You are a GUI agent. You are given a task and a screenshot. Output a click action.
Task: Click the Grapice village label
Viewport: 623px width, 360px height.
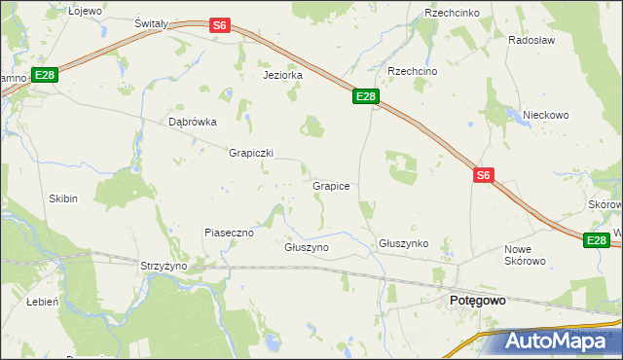pyautogui.click(x=331, y=185)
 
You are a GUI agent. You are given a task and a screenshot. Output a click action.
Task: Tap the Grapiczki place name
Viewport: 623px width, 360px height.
pyautogui.click(x=251, y=153)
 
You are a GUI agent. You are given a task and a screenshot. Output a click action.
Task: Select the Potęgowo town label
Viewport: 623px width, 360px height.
pyautogui.click(x=477, y=302)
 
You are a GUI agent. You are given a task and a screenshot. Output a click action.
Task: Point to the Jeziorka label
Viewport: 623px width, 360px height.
pyautogui.click(x=283, y=75)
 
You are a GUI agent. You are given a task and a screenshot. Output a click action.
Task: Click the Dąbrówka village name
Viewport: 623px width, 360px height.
pyautogui.click(x=192, y=123)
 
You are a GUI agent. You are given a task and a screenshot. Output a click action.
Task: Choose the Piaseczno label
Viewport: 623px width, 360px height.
pyautogui.click(x=229, y=233)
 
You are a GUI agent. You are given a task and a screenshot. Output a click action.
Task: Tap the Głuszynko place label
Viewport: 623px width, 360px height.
pyautogui.click(x=404, y=243)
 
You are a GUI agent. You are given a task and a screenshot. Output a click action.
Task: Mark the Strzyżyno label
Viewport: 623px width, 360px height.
pyautogui.click(x=164, y=266)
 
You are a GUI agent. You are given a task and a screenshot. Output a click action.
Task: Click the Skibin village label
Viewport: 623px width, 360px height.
pyautogui.click(x=63, y=198)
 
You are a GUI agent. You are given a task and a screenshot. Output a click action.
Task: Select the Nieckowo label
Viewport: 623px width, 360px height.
pyautogui.click(x=545, y=115)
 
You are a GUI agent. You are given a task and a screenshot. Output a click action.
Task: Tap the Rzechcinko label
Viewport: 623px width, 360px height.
pyautogui.click(x=449, y=13)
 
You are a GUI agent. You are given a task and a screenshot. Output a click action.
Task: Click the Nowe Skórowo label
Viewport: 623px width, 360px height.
pyautogui.click(x=525, y=255)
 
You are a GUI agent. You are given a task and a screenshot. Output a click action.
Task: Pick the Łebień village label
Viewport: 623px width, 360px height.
pyautogui.click(x=44, y=302)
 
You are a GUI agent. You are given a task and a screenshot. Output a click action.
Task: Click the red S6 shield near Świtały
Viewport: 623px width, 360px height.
pyautogui.click(x=220, y=26)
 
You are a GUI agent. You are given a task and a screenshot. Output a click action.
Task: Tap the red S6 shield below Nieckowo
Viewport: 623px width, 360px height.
pyautogui.click(x=485, y=175)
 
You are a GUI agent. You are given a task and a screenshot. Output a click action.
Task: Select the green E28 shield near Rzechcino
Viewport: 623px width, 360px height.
pyautogui.click(x=365, y=96)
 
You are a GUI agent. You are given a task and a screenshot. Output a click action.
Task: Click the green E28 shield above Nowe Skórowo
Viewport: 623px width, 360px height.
pyautogui.click(x=597, y=239)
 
